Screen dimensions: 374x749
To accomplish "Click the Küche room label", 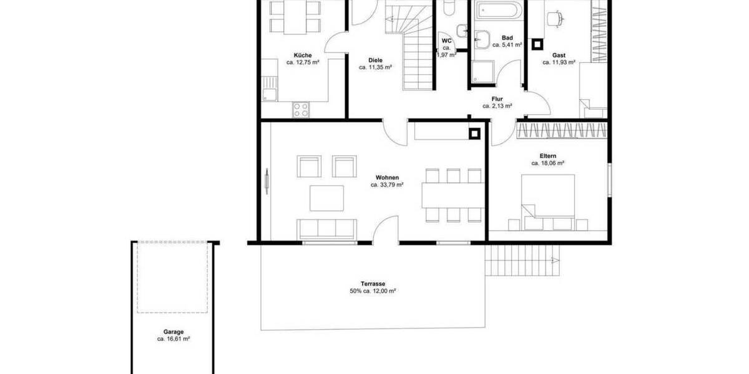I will tap(303, 55).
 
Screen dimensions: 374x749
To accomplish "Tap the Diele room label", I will tap(375, 60).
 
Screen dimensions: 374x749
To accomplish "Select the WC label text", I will tap(446, 41).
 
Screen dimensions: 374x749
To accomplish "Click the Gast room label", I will tap(558, 55).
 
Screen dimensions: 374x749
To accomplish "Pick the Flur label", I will tap(497, 99).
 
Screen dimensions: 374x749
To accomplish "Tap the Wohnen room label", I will tap(387, 178).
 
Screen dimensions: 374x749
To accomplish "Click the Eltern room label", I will tap(548, 156).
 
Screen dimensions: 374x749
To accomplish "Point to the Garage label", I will tap(174, 332).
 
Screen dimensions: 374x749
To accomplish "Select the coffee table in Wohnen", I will tap(326, 198).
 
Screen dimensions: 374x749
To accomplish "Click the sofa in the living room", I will tap(326, 228).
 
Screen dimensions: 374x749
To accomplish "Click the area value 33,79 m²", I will tap(387, 185).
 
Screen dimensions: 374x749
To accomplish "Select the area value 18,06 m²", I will tap(548, 163).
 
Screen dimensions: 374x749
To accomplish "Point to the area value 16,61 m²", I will tap(174, 340).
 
